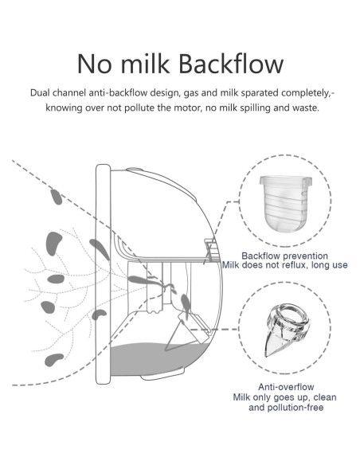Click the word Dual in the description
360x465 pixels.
pos(41,93)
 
